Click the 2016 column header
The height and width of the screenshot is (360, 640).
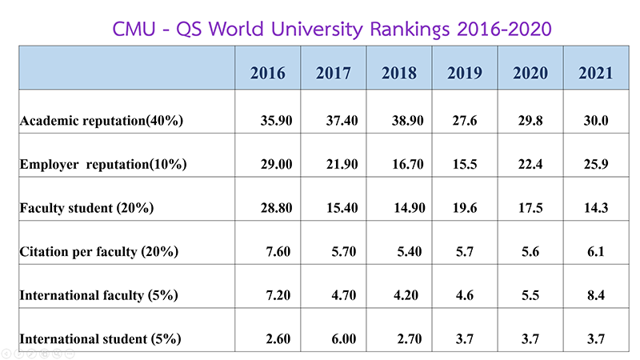[x=267, y=74]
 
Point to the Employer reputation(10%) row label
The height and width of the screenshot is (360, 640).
[x=103, y=164]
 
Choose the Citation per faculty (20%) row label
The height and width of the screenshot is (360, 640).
[x=98, y=251]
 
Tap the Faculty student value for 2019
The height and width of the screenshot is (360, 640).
[x=465, y=208]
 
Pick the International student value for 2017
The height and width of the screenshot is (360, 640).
[x=334, y=338]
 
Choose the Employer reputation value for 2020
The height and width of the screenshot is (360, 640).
[x=531, y=164]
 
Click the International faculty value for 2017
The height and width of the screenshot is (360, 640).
[x=334, y=295]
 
